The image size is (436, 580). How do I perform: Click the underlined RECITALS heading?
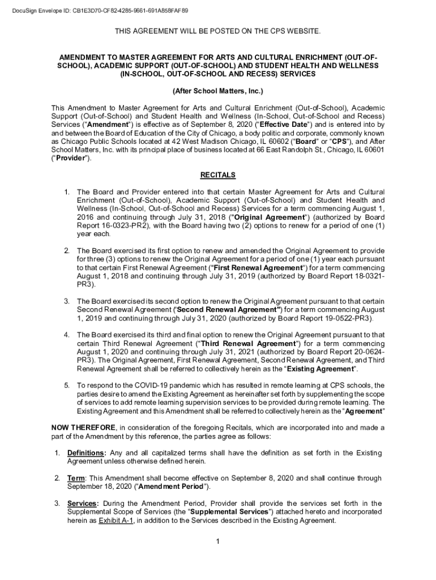(x=218, y=174)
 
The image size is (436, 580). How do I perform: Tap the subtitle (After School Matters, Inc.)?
(x=218, y=91)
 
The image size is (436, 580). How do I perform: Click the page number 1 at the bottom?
(x=218, y=541)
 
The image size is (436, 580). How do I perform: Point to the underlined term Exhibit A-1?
(x=116, y=521)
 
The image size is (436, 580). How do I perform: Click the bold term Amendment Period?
(x=173, y=486)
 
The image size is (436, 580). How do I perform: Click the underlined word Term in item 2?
(x=76, y=478)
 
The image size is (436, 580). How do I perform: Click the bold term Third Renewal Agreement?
(x=248, y=344)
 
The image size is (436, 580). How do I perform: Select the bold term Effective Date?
(x=284, y=124)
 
